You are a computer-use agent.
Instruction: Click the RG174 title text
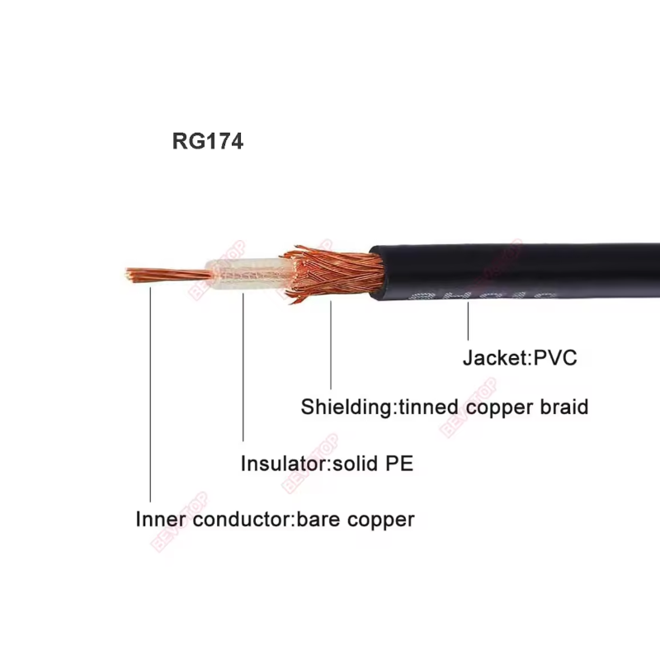pyautogui.click(x=207, y=141)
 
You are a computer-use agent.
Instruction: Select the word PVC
pyautogui.click(x=555, y=358)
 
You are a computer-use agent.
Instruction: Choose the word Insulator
pyautogui.click(x=283, y=464)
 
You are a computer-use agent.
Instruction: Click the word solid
pyautogui.click(x=354, y=464)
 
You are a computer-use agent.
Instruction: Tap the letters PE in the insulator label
pyautogui.click(x=398, y=464)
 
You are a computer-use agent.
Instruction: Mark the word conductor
pyautogui.click(x=239, y=519)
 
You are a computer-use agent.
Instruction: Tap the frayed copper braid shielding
pyautogui.click(x=330, y=272)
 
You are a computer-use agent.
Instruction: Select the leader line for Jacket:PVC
pyautogui.click(x=468, y=322)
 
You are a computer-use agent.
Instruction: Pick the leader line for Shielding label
pyautogui.click(x=331, y=346)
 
